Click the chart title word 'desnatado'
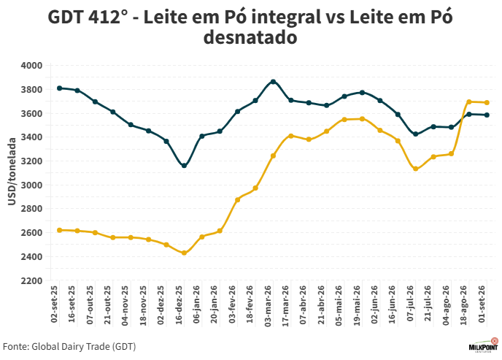tap(250, 37)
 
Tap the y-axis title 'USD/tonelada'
tap(12, 172)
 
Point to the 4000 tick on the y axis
tap(31, 66)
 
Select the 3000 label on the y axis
tap(31, 185)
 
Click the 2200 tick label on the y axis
tap(31, 281)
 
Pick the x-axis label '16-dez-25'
tap(179, 305)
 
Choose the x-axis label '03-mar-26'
tap(269, 305)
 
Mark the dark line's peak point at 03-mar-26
tap(273, 82)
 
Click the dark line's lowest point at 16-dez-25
tap(184, 166)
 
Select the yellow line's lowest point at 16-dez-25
tap(184, 253)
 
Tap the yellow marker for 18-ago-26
tap(469, 102)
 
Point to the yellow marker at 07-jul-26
tap(416, 169)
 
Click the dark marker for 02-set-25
tap(60, 88)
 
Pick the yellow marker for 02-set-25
tap(60, 230)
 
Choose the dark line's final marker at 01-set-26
tap(487, 115)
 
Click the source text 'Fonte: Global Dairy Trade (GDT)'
tap(69, 347)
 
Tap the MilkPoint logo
tap(484, 345)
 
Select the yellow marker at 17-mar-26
tap(291, 136)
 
